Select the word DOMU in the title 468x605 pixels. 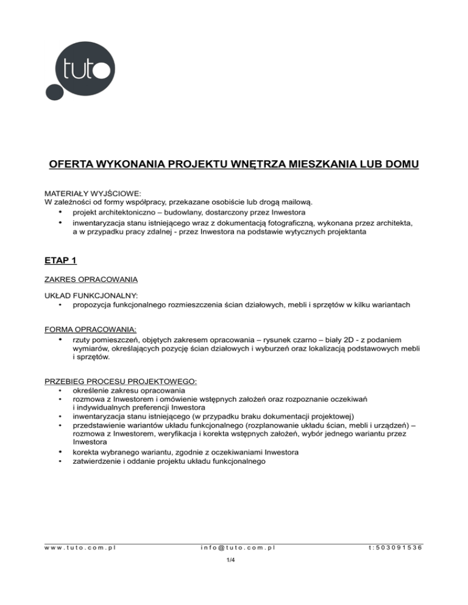coord(399,165)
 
